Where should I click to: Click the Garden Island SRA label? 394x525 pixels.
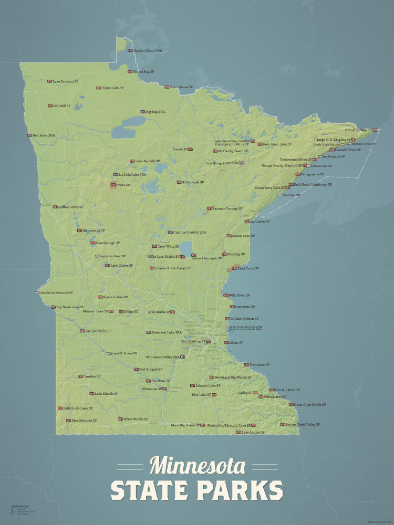[x=147, y=51]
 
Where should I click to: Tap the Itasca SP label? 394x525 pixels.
[x=123, y=185]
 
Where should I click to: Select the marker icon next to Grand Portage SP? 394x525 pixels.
[x=375, y=130]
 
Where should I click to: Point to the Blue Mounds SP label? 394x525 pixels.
[x=84, y=420]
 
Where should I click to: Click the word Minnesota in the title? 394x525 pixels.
[x=197, y=466]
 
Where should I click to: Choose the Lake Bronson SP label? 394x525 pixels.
[x=65, y=81]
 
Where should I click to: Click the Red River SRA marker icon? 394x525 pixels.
[x=30, y=135]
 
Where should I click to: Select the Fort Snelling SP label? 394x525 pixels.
[x=193, y=341]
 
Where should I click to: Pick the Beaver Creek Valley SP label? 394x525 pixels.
[x=303, y=424]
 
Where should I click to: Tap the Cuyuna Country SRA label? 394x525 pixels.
[x=190, y=232]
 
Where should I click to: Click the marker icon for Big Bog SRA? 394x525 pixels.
[x=142, y=112]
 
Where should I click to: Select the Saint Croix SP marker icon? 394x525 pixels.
[x=234, y=268]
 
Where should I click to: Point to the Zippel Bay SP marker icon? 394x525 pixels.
[x=130, y=71]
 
